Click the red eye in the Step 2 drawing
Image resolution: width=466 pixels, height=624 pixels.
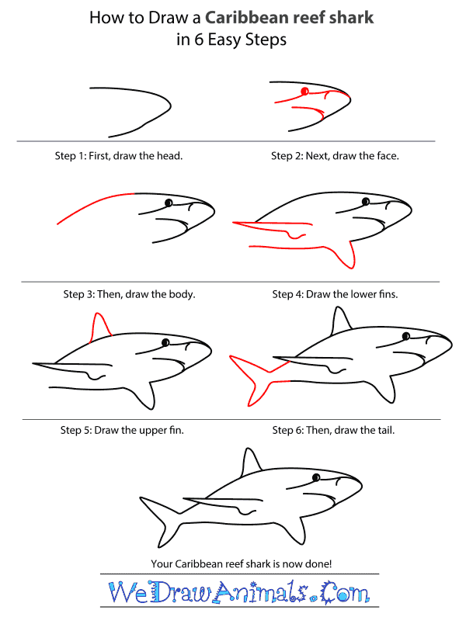(305, 92)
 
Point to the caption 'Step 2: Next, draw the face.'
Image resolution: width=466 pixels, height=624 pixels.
(335, 156)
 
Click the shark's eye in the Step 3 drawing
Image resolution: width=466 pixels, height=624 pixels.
(168, 203)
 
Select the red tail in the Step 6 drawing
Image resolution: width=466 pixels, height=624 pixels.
(253, 376)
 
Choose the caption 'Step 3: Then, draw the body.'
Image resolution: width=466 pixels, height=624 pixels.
(129, 295)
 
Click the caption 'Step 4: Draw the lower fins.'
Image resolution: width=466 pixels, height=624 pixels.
(340, 295)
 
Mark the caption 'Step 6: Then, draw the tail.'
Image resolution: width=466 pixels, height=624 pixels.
(333, 429)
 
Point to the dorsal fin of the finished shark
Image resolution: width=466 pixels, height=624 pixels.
(249, 463)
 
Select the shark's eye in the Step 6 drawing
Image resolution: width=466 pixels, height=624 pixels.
(406, 335)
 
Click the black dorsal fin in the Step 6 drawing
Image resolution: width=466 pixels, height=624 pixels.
(339, 321)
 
